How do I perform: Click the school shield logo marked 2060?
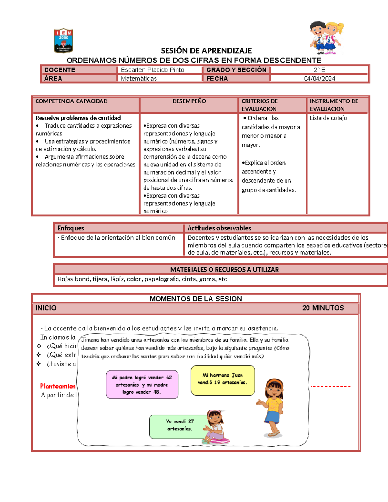(63, 41)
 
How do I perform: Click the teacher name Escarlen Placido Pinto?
(153, 70)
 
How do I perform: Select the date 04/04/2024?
(319, 79)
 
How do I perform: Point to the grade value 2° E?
(319, 70)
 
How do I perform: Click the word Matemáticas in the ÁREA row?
(139, 79)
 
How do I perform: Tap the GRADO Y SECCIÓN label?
(236, 70)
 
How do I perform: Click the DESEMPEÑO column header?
(189, 101)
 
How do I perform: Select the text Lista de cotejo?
(328, 118)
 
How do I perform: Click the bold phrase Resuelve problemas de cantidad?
(78, 118)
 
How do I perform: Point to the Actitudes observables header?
(219, 228)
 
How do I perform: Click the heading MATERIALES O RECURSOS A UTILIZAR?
(224, 270)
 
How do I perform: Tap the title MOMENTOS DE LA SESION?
(196, 299)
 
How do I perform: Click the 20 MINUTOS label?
(323, 308)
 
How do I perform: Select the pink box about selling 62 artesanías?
(142, 385)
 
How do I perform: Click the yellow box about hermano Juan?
(223, 380)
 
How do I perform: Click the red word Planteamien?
(58, 386)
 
